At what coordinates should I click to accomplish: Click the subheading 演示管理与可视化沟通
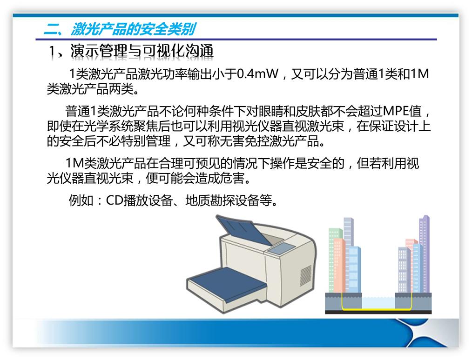point(142,51)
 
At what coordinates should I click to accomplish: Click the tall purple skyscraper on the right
point(424,253)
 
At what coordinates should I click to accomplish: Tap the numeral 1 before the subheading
point(53,52)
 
